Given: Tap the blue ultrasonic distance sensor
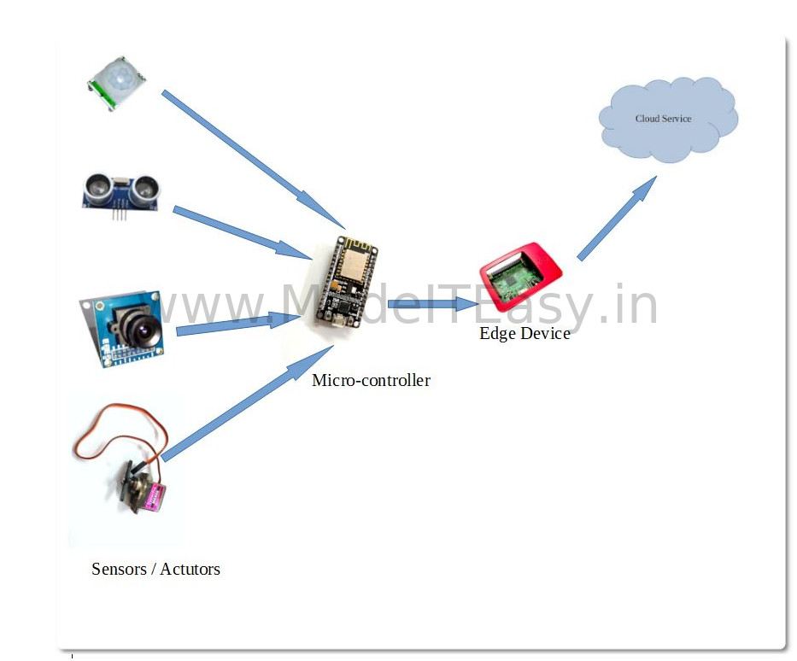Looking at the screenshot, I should pyautogui.click(x=121, y=190).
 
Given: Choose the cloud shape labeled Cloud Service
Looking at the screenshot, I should pyautogui.click(x=667, y=120).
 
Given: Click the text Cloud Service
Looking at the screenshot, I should pyautogui.click(x=663, y=119).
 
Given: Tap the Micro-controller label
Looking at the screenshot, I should pyautogui.click(x=371, y=381).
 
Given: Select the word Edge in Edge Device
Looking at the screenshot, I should pyautogui.click(x=497, y=333).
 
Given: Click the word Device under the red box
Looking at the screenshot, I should pyautogui.click(x=545, y=333).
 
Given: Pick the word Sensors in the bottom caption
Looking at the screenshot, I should pyautogui.click(x=120, y=569).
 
